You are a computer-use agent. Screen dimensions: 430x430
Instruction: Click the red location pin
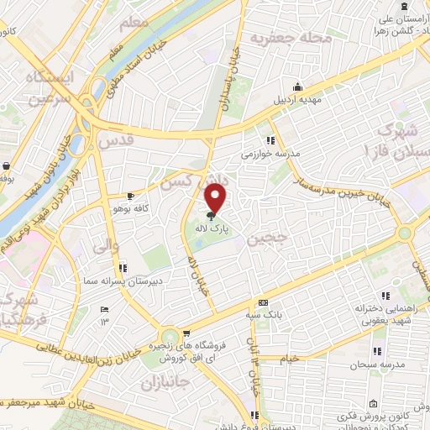pyautogui.click(x=218, y=197)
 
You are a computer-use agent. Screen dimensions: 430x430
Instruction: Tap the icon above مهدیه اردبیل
pyautogui.click(x=297, y=86)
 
